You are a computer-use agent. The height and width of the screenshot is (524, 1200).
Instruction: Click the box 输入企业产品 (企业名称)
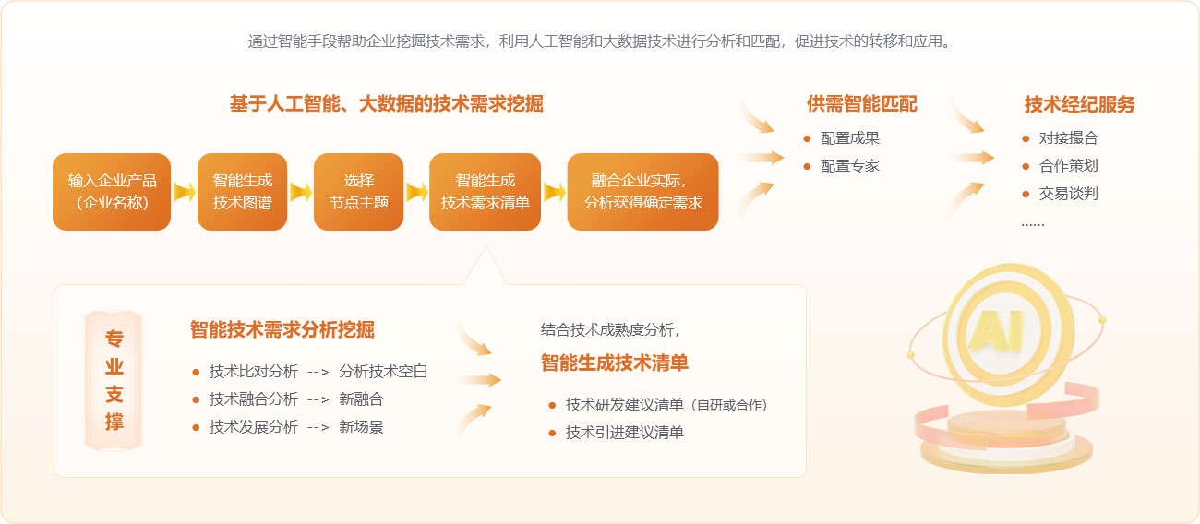(x=112, y=192)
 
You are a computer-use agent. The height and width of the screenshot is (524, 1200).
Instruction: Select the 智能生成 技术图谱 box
(x=242, y=192)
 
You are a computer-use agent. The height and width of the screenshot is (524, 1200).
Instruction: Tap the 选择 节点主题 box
(x=358, y=192)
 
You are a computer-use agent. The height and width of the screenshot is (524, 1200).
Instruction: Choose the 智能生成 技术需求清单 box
(x=485, y=192)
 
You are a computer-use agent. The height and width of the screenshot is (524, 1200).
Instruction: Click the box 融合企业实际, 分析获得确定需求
(x=642, y=192)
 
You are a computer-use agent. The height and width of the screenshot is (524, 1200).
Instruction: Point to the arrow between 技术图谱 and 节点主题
(x=301, y=192)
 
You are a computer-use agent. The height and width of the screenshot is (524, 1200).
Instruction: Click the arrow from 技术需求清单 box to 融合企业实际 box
(x=555, y=192)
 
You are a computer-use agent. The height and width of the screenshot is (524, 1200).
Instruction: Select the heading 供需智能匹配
(x=862, y=104)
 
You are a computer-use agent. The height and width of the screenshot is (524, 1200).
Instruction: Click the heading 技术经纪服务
(x=1079, y=104)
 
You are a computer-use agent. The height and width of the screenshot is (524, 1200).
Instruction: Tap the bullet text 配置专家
(x=849, y=166)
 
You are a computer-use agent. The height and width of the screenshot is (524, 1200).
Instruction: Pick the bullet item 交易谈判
(x=1068, y=193)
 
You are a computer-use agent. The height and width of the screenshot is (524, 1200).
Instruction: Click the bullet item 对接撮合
(x=1068, y=138)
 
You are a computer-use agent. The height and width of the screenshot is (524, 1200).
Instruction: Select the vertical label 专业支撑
(x=114, y=380)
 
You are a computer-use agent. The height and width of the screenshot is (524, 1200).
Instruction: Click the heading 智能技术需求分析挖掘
(x=282, y=329)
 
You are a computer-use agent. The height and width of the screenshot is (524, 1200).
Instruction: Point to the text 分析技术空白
(x=383, y=371)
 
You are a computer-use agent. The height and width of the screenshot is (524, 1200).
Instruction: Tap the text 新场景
(x=361, y=426)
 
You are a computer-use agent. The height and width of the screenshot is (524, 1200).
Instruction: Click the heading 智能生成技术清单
(x=615, y=363)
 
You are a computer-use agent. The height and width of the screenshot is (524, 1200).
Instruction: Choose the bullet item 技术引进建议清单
(x=625, y=432)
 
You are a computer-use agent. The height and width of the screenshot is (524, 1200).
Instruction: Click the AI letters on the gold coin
(x=996, y=329)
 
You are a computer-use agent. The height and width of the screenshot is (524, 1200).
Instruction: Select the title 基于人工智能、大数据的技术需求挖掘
(x=386, y=104)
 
